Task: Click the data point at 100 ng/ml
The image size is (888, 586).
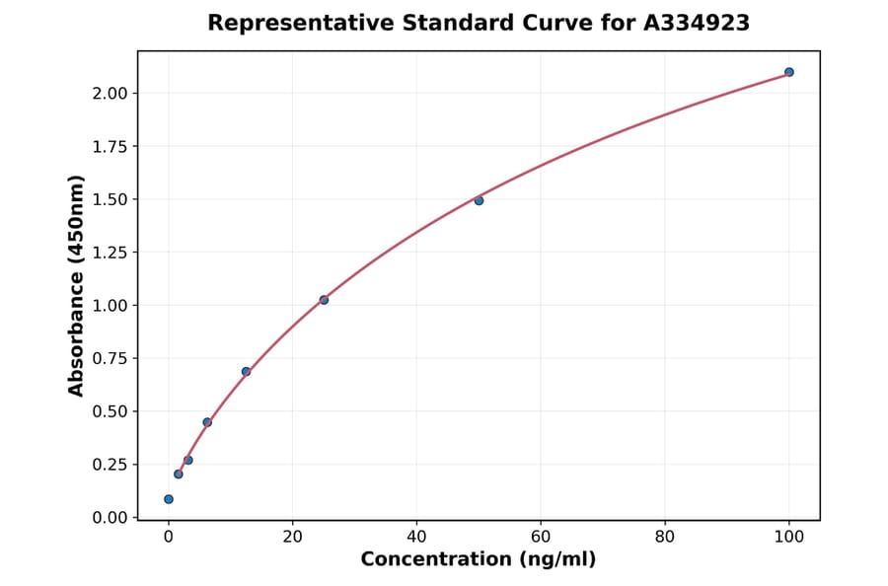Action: click(x=789, y=72)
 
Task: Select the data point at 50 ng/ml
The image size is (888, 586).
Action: click(x=479, y=200)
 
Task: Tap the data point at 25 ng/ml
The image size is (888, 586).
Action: click(x=324, y=300)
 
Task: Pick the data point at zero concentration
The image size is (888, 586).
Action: click(x=169, y=499)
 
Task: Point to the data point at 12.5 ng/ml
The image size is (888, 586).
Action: click(x=246, y=372)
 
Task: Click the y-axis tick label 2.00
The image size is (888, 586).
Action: click(x=109, y=94)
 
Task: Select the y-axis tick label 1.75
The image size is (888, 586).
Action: click(x=109, y=147)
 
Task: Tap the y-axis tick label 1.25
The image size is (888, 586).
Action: click(x=109, y=253)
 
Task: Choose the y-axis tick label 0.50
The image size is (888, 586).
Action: click(x=109, y=411)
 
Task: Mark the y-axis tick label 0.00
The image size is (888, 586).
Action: click(x=109, y=517)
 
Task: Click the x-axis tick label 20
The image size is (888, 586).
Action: click(x=292, y=537)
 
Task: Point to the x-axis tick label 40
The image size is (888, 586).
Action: click(x=416, y=537)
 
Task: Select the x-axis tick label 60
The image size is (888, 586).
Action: click(x=541, y=537)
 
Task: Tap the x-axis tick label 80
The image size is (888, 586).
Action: click(x=665, y=537)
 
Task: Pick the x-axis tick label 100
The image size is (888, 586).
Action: click(x=789, y=537)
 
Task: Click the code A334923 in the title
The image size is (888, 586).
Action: click(x=696, y=23)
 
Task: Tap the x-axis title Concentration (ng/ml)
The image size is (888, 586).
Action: click(x=479, y=559)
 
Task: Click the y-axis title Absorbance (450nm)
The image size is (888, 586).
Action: click(x=77, y=285)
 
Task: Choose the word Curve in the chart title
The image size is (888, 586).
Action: click(x=530, y=23)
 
